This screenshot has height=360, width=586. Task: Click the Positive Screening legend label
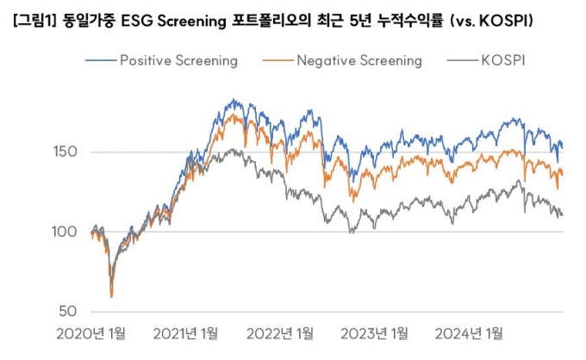point(178,60)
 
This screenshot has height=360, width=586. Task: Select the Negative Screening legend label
point(358,60)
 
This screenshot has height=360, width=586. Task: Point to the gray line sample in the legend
point(464,60)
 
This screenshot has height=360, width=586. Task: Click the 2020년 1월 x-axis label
point(90,333)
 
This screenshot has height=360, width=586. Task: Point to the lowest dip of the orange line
point(111,297)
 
